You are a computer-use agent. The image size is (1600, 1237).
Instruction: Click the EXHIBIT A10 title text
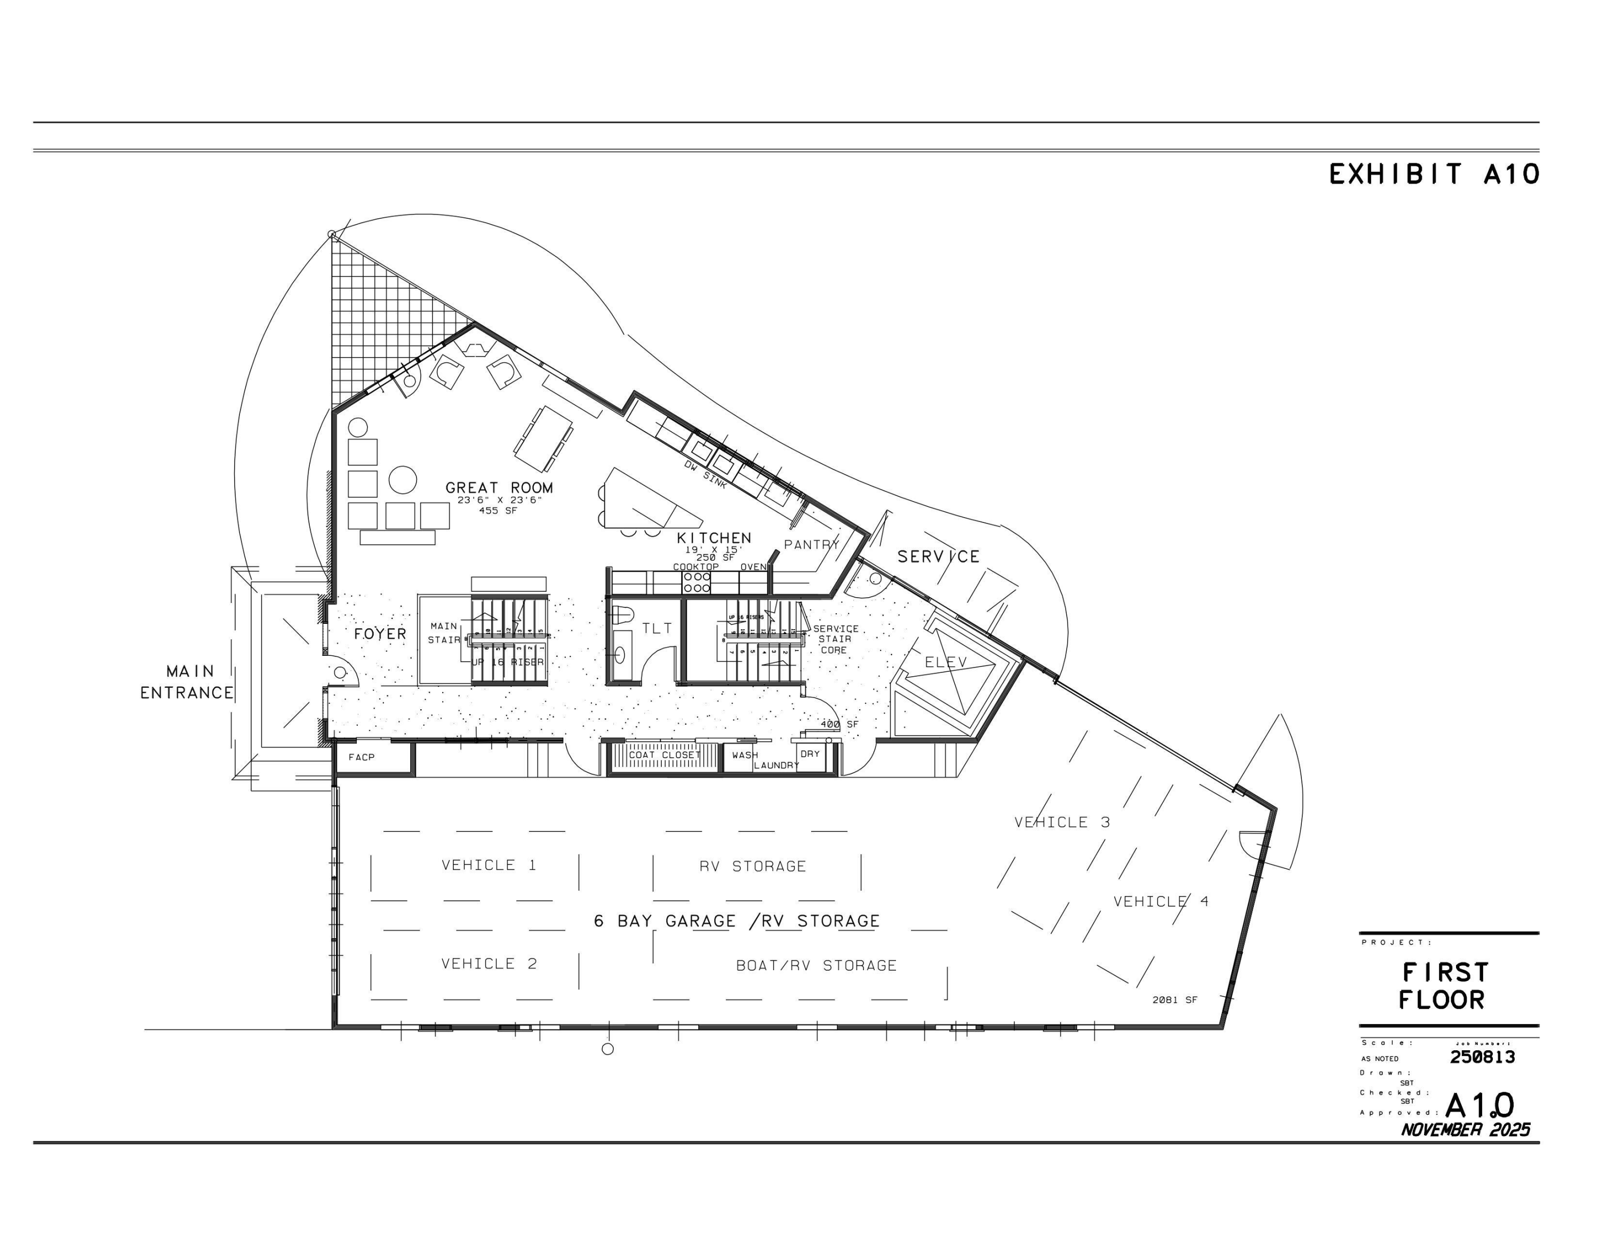point(1433,175)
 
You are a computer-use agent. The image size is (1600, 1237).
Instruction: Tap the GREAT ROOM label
point(499,487)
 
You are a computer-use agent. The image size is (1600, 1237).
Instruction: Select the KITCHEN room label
point(714,538)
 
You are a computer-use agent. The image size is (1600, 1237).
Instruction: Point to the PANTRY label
point(811,544)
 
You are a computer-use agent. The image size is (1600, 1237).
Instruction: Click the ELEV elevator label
point(946,662)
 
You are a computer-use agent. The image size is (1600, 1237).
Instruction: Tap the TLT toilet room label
point(657,628)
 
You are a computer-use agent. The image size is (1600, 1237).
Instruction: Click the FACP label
point(361,757)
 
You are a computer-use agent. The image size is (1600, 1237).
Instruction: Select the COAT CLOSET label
point(665,755)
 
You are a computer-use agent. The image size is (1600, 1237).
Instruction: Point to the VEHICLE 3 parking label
point(1061,822)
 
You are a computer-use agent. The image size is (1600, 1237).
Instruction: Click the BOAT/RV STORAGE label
point(816,966)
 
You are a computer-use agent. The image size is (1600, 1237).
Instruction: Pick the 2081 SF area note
point(1174,1000)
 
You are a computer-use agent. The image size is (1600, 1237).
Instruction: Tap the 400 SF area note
point(839,724)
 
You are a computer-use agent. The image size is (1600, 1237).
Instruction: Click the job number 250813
point(1482,1057)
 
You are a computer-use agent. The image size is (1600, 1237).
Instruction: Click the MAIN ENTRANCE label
point(188,681)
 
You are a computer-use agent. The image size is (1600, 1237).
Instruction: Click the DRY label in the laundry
point(810,754)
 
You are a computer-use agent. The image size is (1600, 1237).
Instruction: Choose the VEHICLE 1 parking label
point(489,865)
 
